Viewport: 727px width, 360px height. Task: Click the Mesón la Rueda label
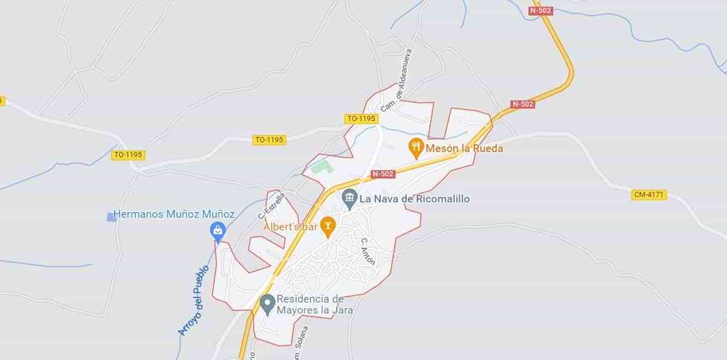(x=465, y=147)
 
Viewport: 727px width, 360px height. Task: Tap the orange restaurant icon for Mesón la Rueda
(x=415, y=145)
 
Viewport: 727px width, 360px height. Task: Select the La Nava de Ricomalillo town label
(x=414, y=198)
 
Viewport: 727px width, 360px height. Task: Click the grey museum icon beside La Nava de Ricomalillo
(x=349, y=197)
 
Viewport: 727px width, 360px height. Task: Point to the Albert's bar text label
(x=290, y=227)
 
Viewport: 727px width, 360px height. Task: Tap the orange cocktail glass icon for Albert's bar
(x=328, y=227)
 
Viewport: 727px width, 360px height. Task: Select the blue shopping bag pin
(x=217, y=230)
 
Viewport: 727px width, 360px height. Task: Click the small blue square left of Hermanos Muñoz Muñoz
(x=111, y=216)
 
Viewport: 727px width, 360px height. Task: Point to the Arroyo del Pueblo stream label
(x=193, y=301)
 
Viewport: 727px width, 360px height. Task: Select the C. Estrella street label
(x=271, y=206)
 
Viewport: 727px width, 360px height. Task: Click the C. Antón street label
(x=368, y=251)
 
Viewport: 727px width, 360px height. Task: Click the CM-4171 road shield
(x=649, y=195)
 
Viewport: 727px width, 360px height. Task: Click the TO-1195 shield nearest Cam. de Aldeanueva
(x=361, y=119)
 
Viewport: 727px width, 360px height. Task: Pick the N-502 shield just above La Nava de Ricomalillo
(x=383, y=174)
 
